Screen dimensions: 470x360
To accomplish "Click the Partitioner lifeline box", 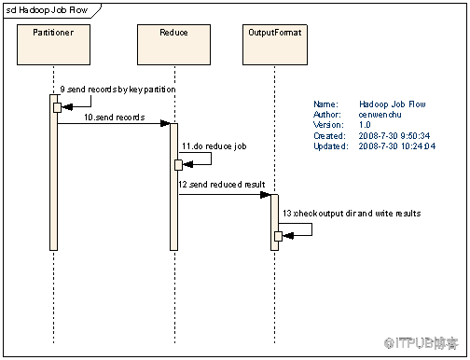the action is [x=53, y=45].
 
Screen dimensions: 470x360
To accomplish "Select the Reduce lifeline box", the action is [x=173, y=45].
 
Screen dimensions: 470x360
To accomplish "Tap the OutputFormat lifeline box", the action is [x=275, y=45].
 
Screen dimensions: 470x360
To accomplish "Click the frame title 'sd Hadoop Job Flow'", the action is [x=47, y=10].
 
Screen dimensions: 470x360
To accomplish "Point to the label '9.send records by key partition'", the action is [x=117, y=90].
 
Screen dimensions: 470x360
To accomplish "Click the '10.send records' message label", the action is [x=115, y=118].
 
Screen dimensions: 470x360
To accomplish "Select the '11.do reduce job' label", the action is [x=214, y=146].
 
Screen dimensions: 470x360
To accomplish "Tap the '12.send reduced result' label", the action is [x=222, y=185].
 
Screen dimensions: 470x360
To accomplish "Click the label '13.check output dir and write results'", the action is [x=352, y=214].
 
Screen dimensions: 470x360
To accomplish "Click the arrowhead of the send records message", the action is [x=165, y=123].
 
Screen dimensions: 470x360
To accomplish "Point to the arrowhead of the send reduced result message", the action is [x=266, y=195].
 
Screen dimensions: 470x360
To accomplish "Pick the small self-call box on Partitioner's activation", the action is [x=57, y=107].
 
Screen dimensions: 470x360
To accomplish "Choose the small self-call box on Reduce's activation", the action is [x=178, y=165].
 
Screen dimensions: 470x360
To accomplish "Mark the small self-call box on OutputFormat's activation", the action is [x=279, y=236].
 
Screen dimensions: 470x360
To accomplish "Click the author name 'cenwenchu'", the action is [x=380, y=115].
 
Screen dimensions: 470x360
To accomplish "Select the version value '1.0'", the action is [x=365, y=125].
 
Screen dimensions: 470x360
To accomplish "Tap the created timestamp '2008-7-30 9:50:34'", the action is [x=394, y=136].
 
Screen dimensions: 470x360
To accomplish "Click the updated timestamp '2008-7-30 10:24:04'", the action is [x=397, y=146].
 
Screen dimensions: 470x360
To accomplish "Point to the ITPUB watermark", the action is [x=422, y=343].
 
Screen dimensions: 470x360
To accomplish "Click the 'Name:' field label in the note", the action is [x=325, y=104].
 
